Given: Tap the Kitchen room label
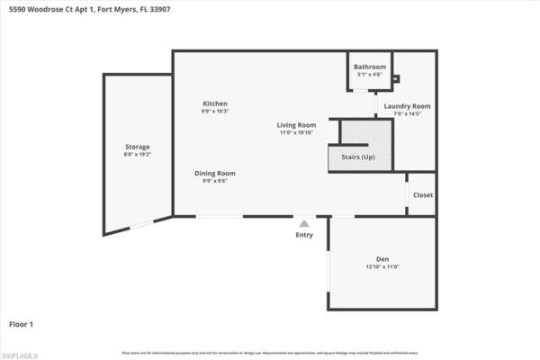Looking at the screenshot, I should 214,103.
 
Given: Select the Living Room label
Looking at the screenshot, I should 295,124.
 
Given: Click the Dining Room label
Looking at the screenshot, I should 215,173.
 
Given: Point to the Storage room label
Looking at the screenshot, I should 137,146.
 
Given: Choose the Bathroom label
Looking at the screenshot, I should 369,67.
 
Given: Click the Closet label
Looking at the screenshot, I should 422,195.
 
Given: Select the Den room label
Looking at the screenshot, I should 382,259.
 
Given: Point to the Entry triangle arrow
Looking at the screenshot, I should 304,223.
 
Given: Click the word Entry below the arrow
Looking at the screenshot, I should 304,235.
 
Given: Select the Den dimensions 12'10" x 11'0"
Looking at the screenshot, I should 382,266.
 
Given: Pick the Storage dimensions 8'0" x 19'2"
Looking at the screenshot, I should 137,154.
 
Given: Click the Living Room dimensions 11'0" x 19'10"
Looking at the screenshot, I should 295,132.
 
